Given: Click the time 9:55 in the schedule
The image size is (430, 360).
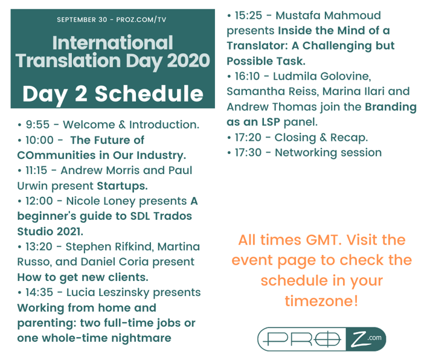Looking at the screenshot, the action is [37, 125].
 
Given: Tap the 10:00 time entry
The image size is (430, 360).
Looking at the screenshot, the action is [39, 140].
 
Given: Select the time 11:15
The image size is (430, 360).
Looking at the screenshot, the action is [36, 170].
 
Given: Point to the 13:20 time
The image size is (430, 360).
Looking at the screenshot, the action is [39, 247].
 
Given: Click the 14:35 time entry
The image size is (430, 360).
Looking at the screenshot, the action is [39, 292].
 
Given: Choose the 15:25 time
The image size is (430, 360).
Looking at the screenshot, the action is [248, 16].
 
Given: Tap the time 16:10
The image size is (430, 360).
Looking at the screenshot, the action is [247, 77].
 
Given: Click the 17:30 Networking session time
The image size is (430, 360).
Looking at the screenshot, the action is [248, 153].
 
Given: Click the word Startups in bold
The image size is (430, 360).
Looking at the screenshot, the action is [123, 186].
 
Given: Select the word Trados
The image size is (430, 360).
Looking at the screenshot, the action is [173, 216].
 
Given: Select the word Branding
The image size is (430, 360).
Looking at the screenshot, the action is [391, 107].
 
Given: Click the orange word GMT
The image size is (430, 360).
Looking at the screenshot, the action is [322, 240].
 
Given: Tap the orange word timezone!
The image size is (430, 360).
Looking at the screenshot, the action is [322, 301].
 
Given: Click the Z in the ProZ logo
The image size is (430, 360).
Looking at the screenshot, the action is [358, 339].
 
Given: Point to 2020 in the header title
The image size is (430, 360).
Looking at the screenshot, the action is [188, 60].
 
